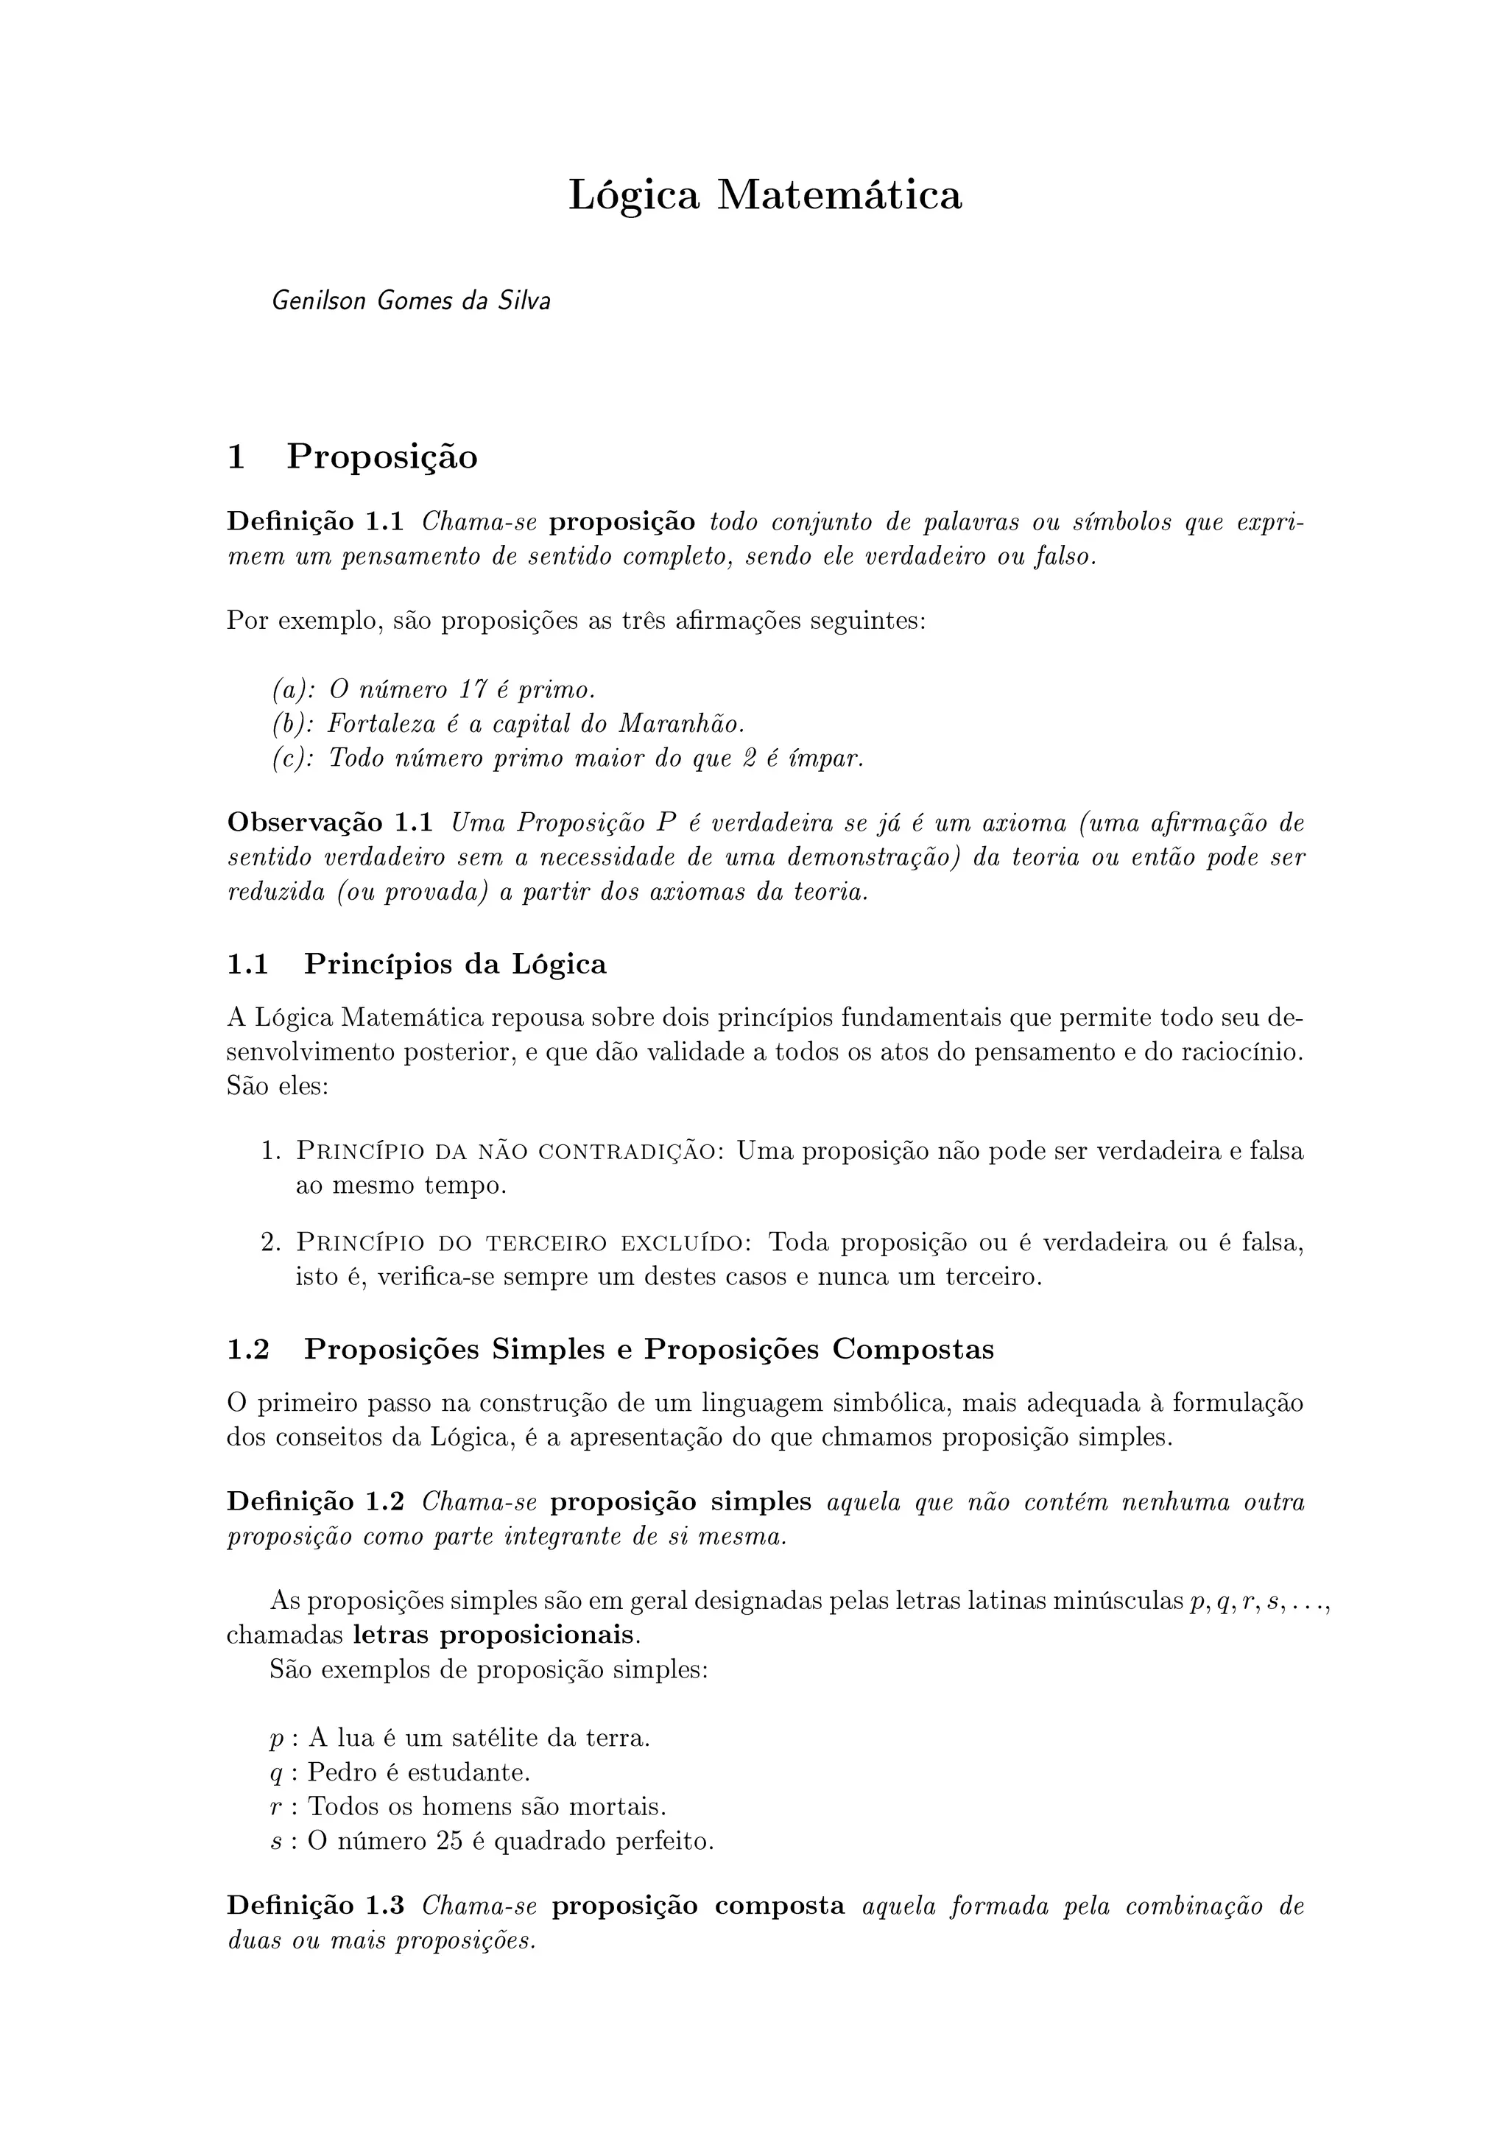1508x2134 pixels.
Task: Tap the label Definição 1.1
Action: [x=315, y=522]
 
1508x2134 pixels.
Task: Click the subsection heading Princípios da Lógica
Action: [x=454, y=965]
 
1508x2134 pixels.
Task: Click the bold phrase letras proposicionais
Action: [x=494, y=1635]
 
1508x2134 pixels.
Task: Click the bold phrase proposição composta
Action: [x=698, y=1906]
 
